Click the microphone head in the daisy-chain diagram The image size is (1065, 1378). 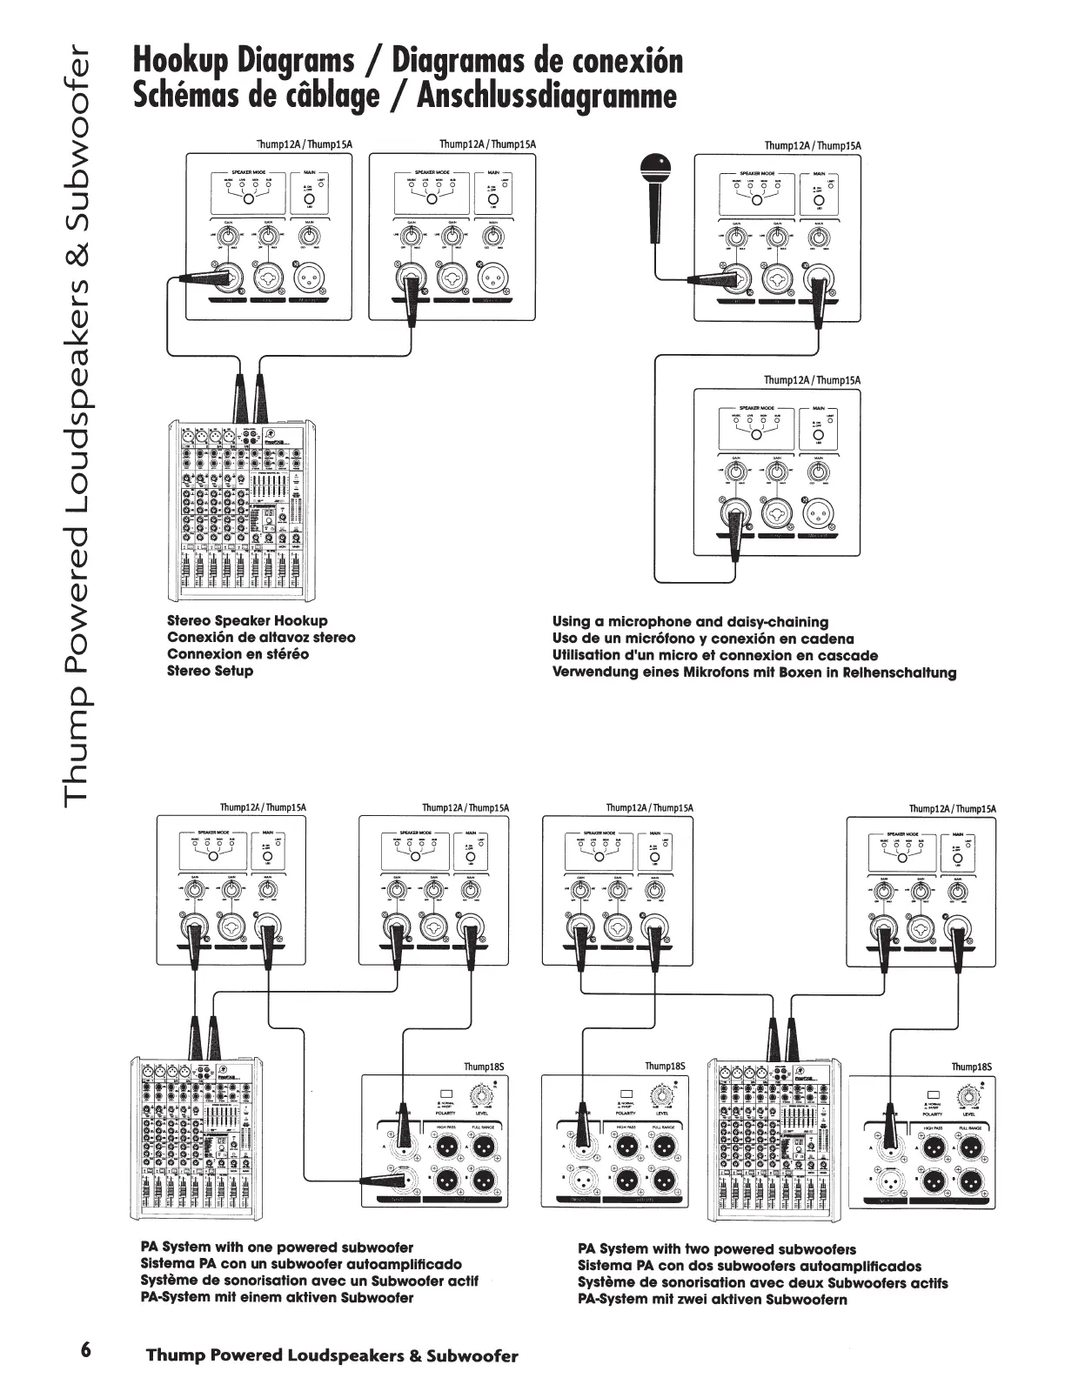[x=654, y=164]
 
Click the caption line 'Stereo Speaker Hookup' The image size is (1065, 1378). [x=247, y=621]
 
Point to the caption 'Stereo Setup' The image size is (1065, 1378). [x=210, y=671]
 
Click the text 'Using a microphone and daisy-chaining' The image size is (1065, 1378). [x=690, y=622]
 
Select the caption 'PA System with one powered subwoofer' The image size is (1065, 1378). [x=277, y=1248]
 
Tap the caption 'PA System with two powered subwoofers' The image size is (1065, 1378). [x=717, y=1249]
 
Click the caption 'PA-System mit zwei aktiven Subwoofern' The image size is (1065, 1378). [x=712, y=1299]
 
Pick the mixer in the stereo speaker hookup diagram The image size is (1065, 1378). [x=240, y=513]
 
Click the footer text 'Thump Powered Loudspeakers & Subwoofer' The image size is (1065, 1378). [x=332, y=1355]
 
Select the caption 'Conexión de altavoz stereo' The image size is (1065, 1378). [x=261, y=638]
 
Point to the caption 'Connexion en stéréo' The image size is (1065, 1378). [x=238, y=654]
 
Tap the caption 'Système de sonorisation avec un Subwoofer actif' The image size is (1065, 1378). [x=309, y=1281]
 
